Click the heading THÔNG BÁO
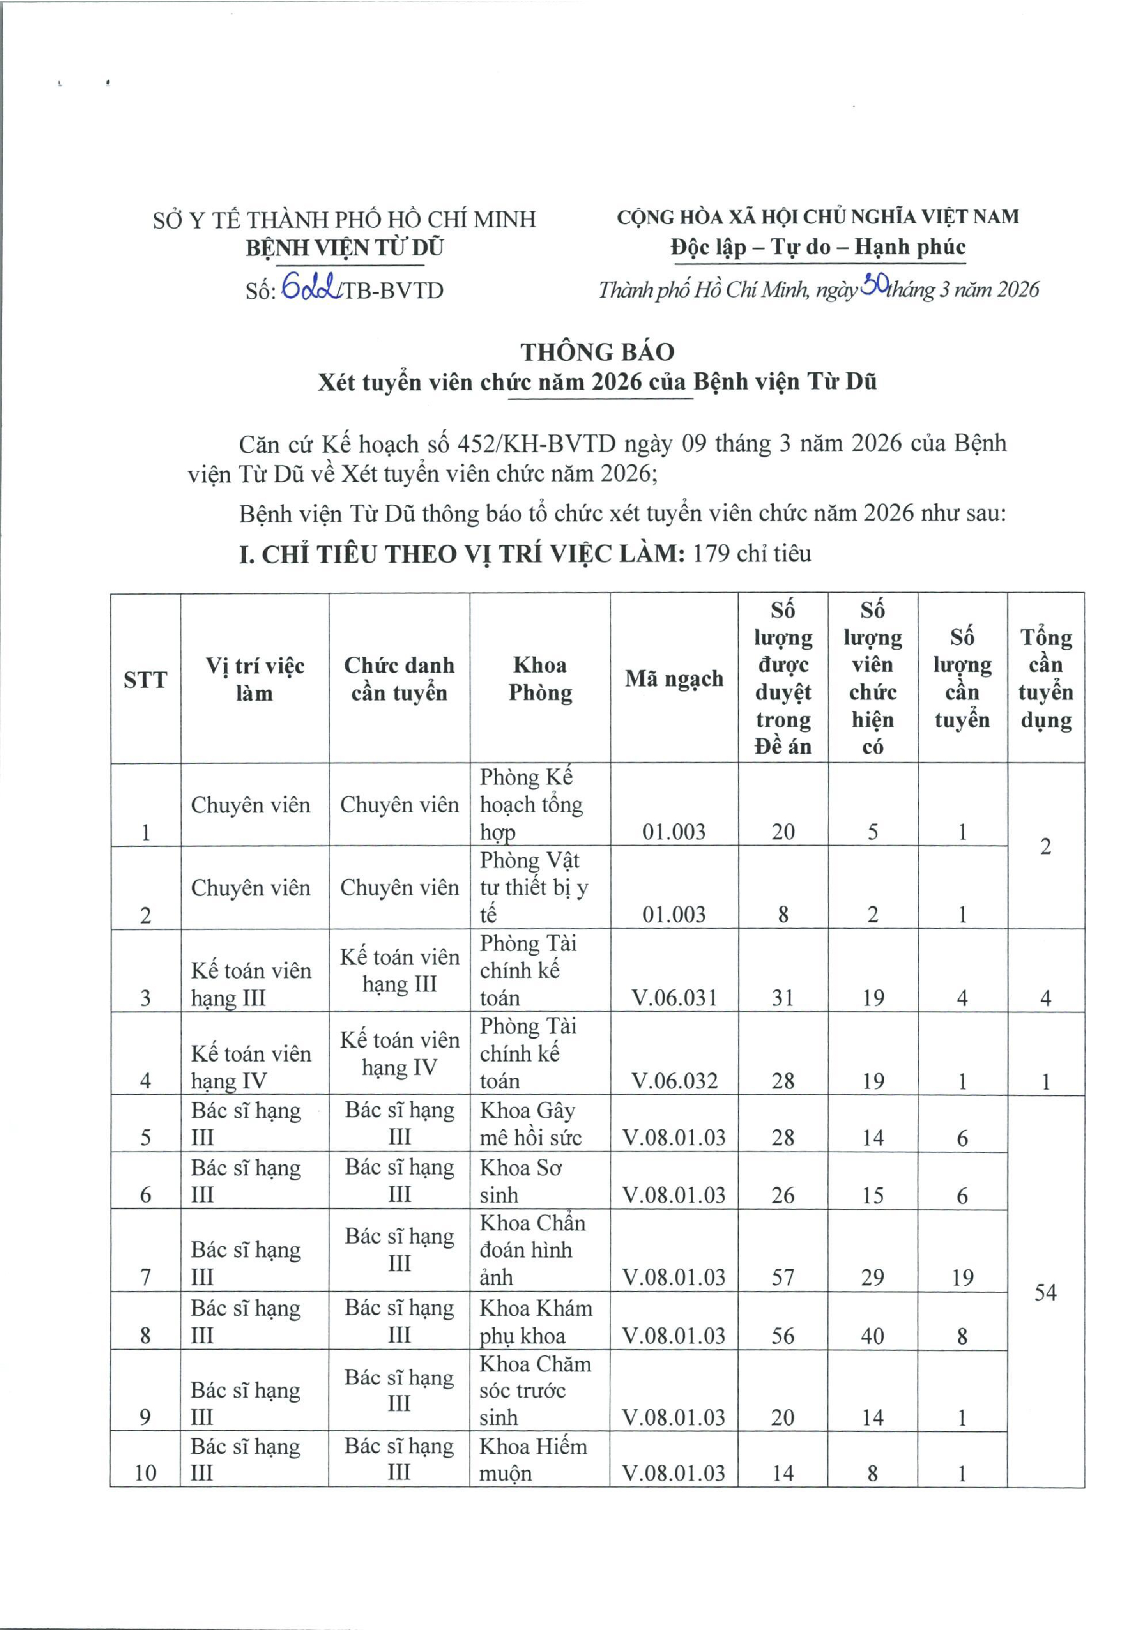coord(597,351)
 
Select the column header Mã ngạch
coord(673,679)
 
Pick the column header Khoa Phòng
coord(540,679)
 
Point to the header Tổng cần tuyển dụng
coord(1045,679)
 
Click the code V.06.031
coord(674,998)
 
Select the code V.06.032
coord(674,1081)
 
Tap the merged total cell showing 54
coord(1045,1292)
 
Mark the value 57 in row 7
coord(782,1277)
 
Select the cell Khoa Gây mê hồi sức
coord(531,1124)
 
